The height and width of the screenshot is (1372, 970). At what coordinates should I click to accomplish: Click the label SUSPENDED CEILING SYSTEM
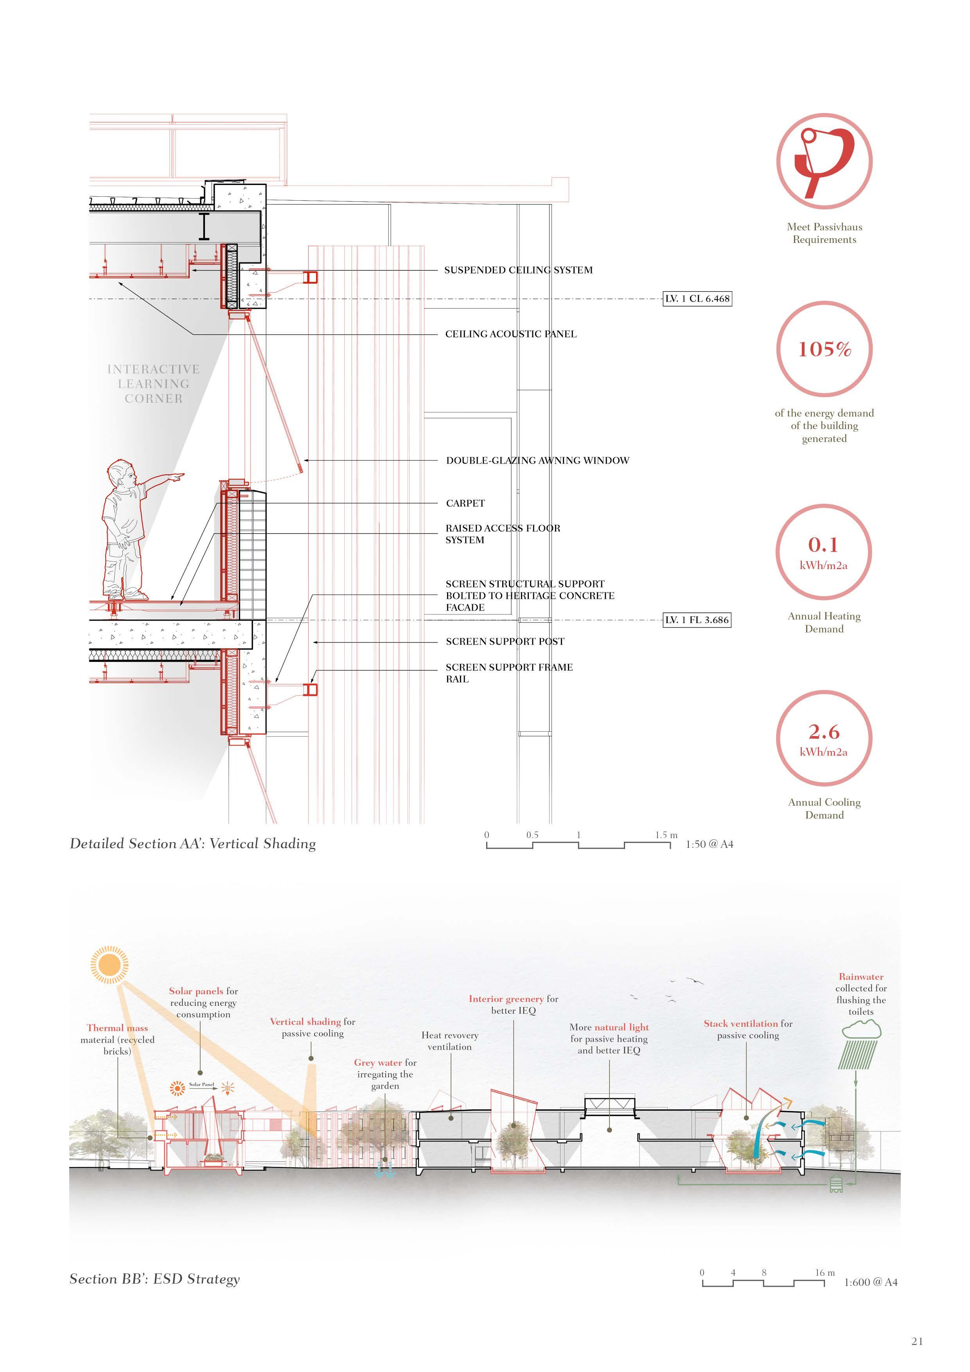coord(518,270)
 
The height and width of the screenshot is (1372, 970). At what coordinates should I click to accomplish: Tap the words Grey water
coord(378,1063)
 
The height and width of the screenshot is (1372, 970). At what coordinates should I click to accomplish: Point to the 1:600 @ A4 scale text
coord(870,1282)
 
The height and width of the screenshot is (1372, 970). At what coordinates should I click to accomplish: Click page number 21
coord(917,1341)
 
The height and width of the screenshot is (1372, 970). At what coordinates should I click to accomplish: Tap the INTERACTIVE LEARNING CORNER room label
coord(154,384)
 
